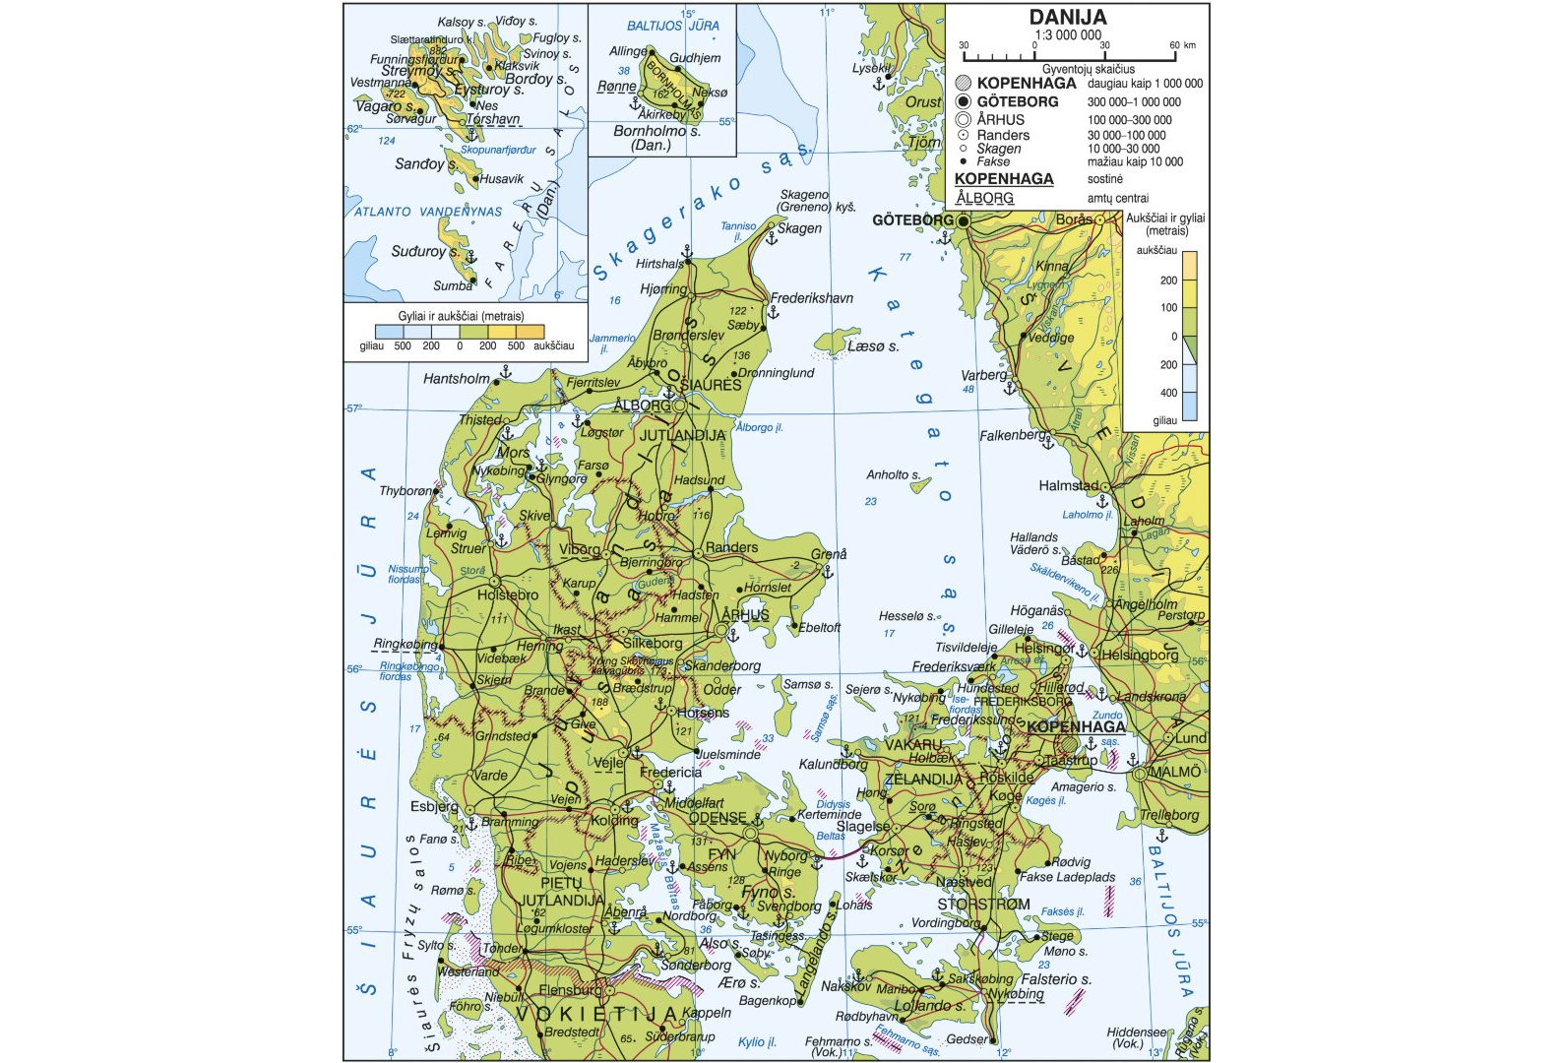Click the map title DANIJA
1068,17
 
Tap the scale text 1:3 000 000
1068,34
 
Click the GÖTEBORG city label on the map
911,219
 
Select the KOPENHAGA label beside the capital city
1076,726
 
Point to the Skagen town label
799,228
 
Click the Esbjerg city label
434,806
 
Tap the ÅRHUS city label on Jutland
745,615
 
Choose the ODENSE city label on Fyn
717,818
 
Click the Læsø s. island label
872,346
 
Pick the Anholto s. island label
893,474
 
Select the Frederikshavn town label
811,298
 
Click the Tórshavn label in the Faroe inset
492,119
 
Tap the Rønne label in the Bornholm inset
616,87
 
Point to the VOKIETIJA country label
596,1013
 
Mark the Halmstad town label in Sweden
1068,485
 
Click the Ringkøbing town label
406,644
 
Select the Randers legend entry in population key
1003,135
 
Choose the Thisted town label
480,419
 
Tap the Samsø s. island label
807,684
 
